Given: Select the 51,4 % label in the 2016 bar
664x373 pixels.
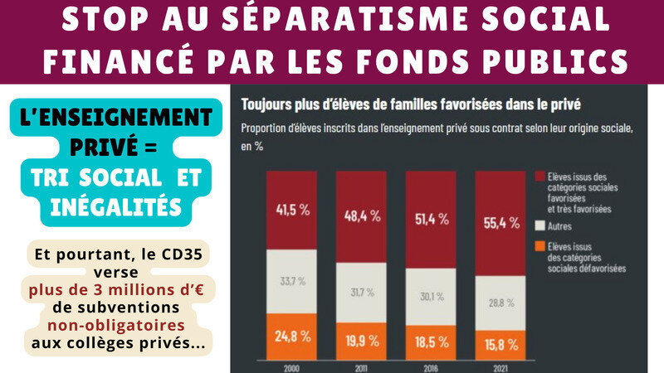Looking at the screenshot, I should pos(431,219).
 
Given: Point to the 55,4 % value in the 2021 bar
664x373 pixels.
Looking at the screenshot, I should pos(501,223).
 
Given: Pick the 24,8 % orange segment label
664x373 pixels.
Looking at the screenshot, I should pos(292,337).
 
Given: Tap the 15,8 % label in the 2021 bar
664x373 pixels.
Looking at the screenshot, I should pos(501,342).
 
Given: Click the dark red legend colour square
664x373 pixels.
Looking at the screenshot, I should pos(540,177).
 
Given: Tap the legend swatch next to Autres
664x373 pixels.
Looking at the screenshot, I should pos(540,225).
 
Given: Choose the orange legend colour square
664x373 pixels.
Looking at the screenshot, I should pos(540,245).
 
